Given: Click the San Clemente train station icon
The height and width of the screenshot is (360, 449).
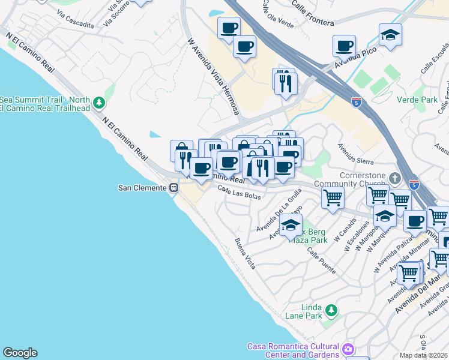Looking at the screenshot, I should click(x=173, y=188).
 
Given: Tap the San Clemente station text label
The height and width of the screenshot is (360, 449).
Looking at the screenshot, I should click(x=142, y=188).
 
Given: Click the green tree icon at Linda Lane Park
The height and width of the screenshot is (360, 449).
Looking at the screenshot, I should click(x=331, y=311).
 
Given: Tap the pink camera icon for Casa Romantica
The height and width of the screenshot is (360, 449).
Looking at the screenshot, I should click(x=348, y=349).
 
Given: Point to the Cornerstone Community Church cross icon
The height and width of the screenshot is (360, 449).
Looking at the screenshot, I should click(x=394, y=178).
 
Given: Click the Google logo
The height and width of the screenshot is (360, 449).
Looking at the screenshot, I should click(x=20, y=353).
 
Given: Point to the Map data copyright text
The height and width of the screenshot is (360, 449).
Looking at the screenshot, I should click(x=424, y=355).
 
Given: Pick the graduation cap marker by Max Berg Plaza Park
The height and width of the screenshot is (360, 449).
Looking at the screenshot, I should click(x=291, y=226).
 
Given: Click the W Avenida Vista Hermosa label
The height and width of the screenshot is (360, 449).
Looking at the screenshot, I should click(x=213, y=77).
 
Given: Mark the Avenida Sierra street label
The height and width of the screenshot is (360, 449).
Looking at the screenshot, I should click(x=355, y=153).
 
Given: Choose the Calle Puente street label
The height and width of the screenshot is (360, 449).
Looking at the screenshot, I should click(x=321, y=261).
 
